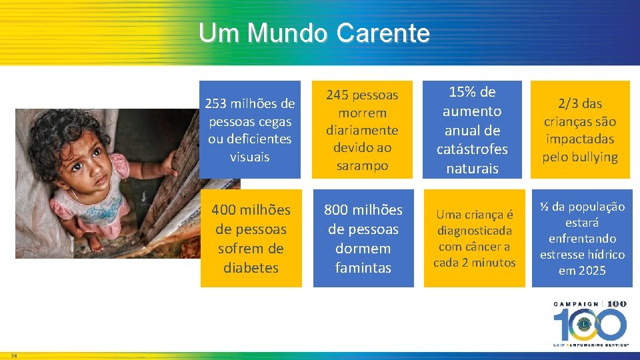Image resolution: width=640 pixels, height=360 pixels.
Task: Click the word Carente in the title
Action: (383, 33)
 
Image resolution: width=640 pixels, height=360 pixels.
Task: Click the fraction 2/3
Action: (571, 104)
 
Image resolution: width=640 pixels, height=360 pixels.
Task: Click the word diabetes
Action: (251, 268)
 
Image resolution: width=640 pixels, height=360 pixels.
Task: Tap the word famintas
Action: (363, 268)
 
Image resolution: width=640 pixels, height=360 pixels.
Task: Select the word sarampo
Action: (363, 165)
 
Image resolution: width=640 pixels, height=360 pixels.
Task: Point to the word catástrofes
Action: (472, 149)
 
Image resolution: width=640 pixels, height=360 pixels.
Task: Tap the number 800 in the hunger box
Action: (337, 210)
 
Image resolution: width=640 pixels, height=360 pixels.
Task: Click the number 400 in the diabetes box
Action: (225, 210)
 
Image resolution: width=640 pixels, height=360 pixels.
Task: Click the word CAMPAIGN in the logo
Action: (577, 305)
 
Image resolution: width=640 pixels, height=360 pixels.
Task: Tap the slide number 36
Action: (14, 355)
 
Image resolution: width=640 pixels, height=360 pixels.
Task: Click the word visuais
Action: (249, 157)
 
